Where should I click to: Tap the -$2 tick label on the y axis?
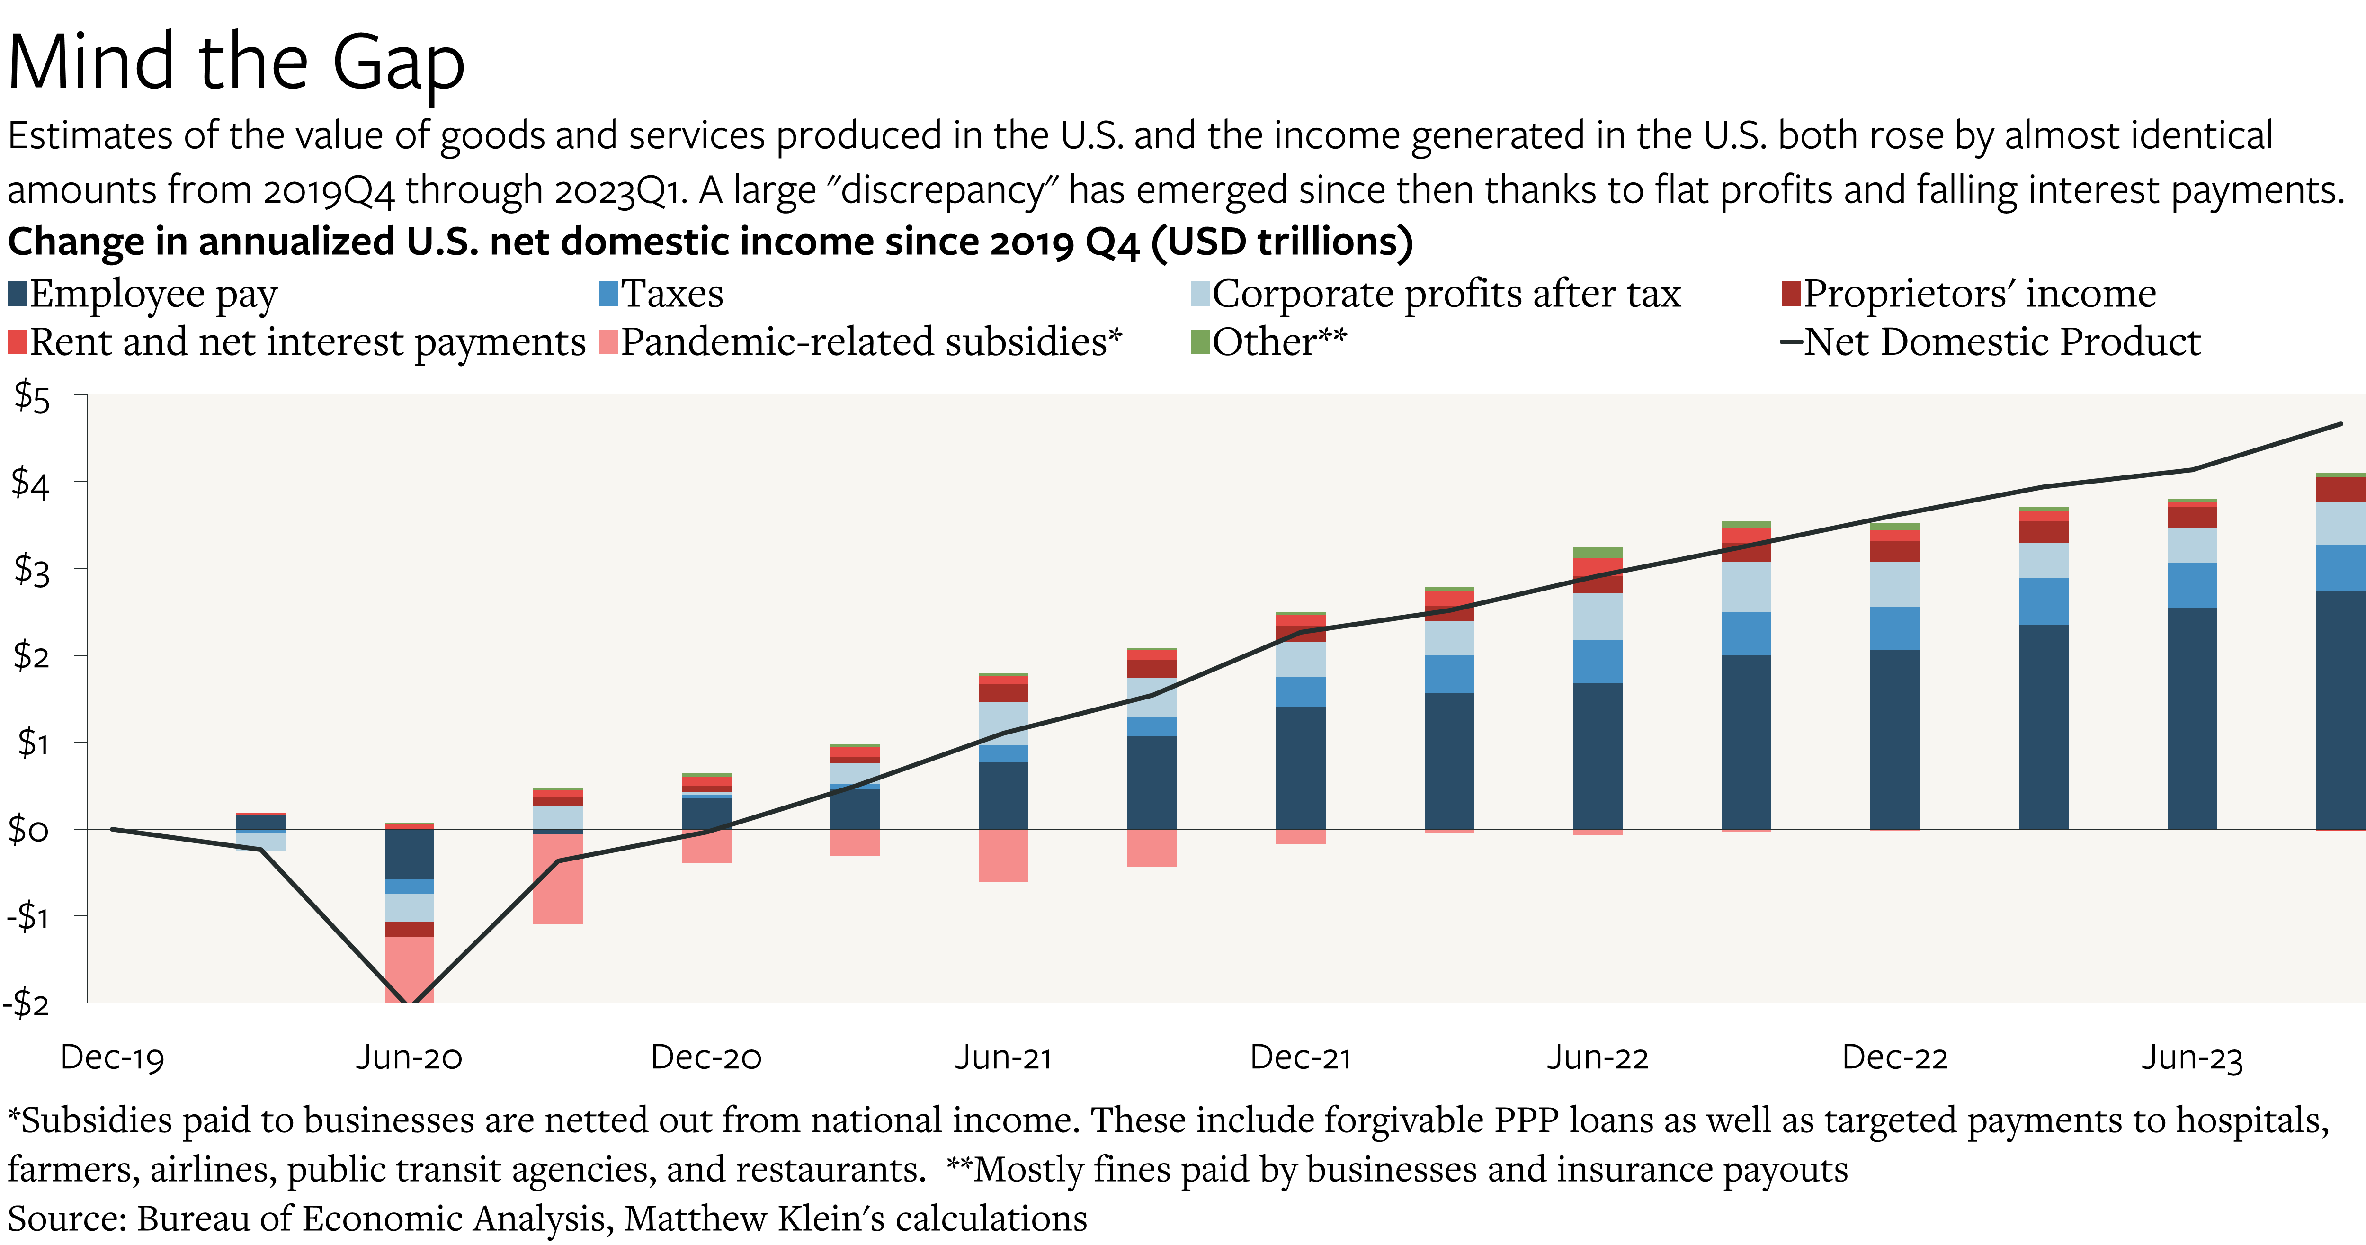coord(27,1003)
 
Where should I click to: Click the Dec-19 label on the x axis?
coord(112,1057)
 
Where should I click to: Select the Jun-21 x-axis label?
coord(1003,1057)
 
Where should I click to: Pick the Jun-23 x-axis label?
coord(2191,1057)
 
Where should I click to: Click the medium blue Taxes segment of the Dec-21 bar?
coord(1301,691)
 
